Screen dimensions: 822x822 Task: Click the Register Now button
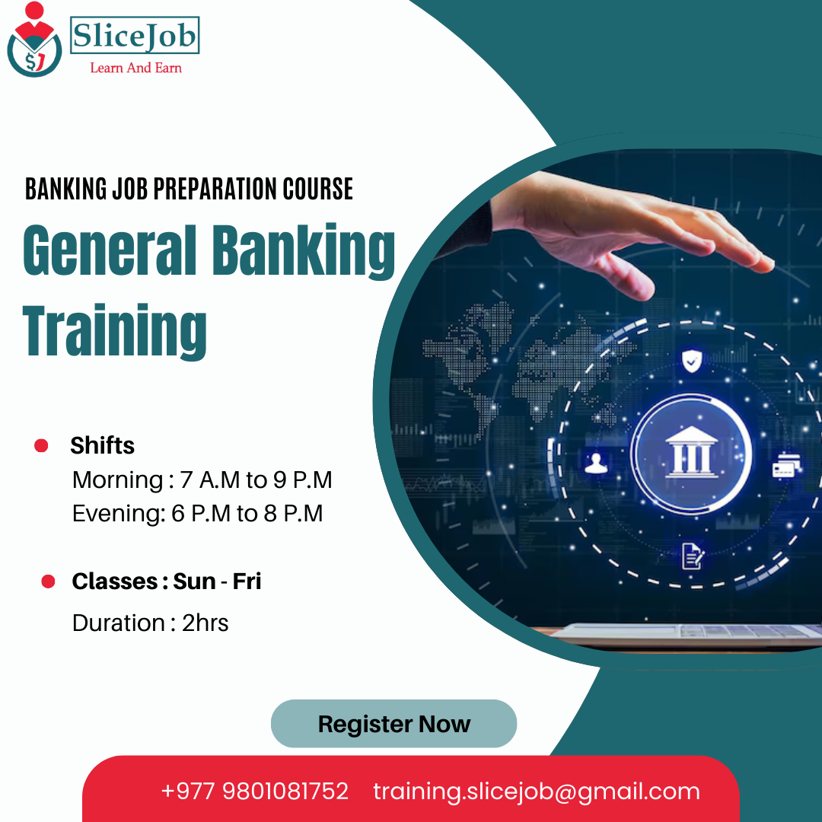393,724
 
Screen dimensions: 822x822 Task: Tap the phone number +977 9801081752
254,791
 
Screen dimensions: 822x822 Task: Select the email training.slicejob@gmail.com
537,791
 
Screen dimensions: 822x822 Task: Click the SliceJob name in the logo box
135,35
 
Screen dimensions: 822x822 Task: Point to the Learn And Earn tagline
135,68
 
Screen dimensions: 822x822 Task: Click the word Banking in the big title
304,252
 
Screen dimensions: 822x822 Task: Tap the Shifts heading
102,445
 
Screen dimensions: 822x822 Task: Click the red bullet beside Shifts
41,445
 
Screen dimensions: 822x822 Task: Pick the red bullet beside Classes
48,581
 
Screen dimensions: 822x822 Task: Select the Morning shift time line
202,480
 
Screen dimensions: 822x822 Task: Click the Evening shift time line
197,514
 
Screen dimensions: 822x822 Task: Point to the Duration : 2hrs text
150,623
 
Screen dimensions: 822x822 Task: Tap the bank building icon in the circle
691,454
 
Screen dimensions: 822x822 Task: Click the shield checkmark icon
691,360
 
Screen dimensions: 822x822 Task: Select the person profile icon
594,462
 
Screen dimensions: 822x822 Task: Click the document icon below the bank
692,556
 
